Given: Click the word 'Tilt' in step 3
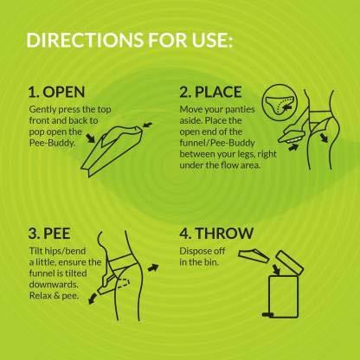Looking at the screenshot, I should point(35,252).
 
